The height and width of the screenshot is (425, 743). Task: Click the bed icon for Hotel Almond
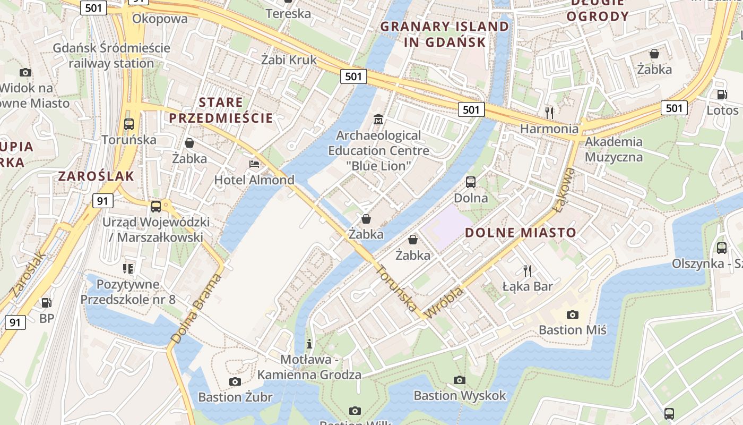coord(254,164)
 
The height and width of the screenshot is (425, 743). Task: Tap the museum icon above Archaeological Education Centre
coord(378,119)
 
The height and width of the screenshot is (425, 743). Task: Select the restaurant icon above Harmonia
coord(549,113)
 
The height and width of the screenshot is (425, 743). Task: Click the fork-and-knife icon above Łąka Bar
coord(528,271)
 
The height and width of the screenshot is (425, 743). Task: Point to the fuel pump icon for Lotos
coord(722,95)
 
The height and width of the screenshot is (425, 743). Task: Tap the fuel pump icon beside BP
coord(47,303)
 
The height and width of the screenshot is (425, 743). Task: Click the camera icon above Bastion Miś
coord(572,314)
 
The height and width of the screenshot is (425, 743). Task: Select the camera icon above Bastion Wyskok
coord(460,380)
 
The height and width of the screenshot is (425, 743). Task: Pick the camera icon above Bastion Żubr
coord(235,381)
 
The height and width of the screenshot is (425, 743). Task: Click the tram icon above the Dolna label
coord(470,182)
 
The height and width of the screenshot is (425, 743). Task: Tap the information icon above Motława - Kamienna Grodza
coord(310,344)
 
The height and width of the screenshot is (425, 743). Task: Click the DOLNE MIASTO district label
coord(520,232)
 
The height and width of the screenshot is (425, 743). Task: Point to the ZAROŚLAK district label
coord(96,176)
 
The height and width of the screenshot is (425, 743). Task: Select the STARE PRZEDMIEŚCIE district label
coord(221,110)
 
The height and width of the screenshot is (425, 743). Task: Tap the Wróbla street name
coord(444,303)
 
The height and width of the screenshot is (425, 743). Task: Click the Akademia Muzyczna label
coord(614,149)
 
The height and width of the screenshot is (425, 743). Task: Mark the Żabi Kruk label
coord(289,60)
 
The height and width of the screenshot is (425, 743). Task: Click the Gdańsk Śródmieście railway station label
coord(111,55)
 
